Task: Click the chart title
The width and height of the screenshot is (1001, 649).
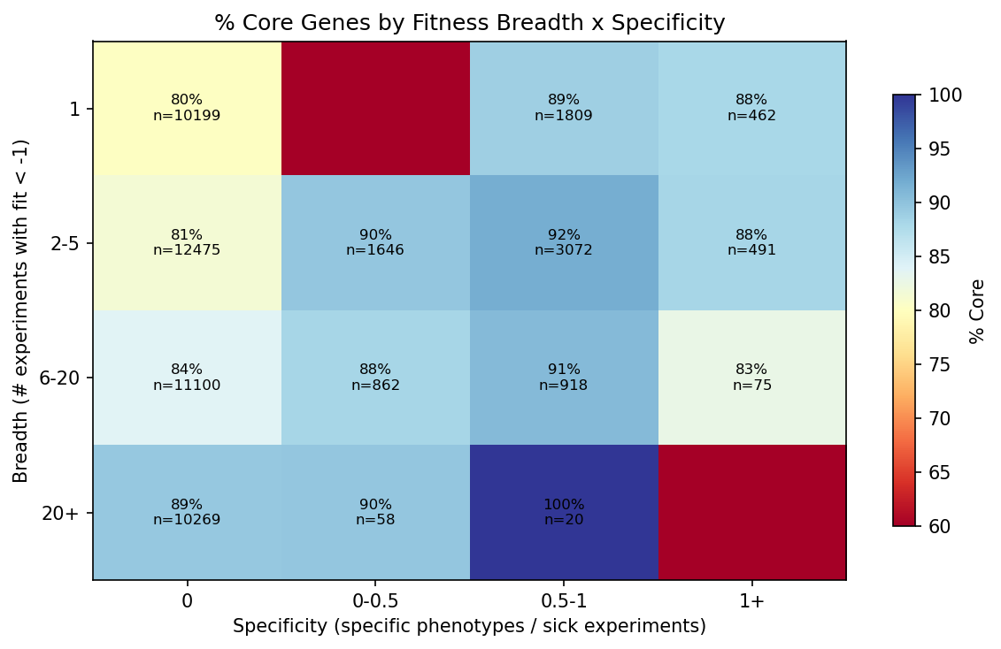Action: (x=469, y=23)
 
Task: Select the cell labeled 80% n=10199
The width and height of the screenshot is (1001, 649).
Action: (x=187, y=108)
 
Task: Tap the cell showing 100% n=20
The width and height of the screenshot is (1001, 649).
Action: (x=564, y=512)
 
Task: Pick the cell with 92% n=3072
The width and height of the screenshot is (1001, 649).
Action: (x=564, y=242)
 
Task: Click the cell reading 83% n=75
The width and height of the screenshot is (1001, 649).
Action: (x=751, y=377)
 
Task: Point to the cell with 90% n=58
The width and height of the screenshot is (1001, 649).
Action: (x=375, y=512)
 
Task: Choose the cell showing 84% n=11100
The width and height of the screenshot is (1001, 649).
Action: (x=187, y=377)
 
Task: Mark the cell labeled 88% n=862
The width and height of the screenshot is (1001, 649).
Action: (x=375, y=377)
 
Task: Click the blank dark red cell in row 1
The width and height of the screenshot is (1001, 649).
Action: (x=375, y=108)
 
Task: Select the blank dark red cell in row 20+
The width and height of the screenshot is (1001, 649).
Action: (x=751, y=512)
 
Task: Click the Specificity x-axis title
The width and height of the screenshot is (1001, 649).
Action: (x=469, y=626)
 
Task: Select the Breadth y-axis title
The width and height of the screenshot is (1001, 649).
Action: (x=21, y=310)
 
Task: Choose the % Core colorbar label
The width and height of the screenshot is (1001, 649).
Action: (x=976, y=310)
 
